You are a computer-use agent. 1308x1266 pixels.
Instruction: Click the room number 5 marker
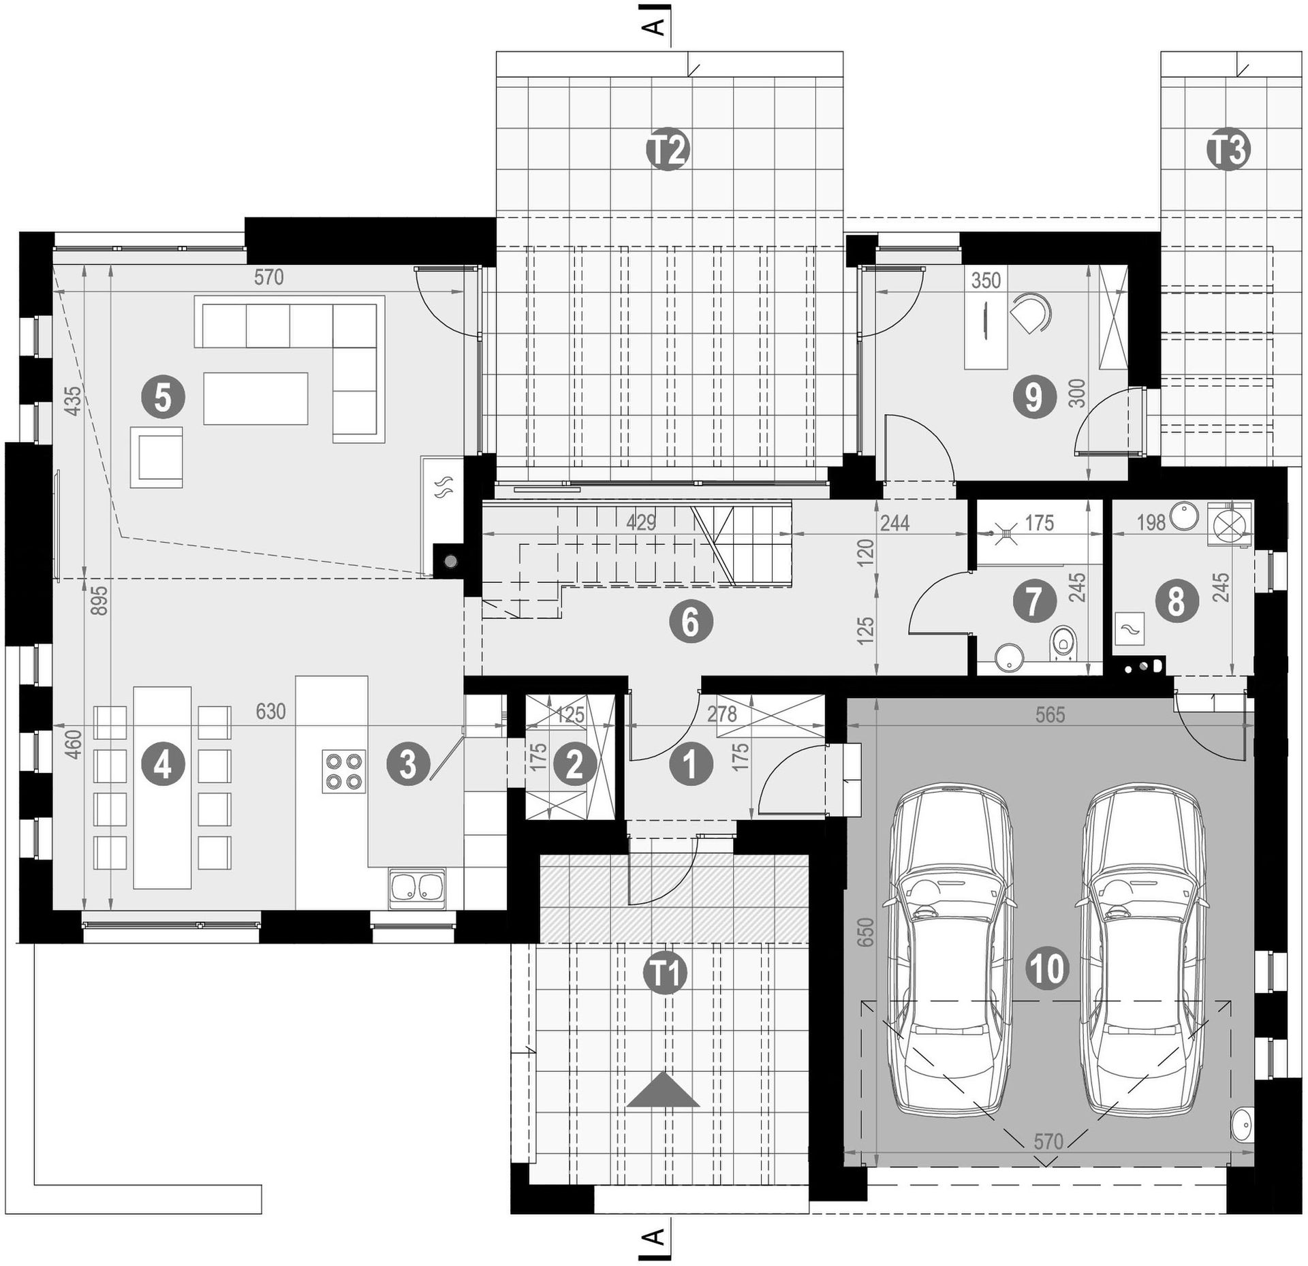click(163, 398)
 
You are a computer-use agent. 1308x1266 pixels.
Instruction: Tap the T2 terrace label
click(668, 151)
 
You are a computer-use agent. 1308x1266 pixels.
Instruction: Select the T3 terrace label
click(1228, 151)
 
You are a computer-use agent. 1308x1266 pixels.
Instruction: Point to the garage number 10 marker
click(1048, 968)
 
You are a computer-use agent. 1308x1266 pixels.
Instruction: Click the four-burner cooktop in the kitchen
click(343, 771)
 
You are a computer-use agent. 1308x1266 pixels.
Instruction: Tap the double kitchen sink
click(417, 888)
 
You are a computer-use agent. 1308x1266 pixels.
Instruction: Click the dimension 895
click(99, 600)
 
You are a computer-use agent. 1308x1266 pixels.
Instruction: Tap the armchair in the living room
click(157, 457)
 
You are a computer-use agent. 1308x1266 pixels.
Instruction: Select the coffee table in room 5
click(255, 398)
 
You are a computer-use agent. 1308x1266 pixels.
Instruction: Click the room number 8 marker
click(1176, 602)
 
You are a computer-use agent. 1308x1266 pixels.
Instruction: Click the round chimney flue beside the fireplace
click(450, 562)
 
